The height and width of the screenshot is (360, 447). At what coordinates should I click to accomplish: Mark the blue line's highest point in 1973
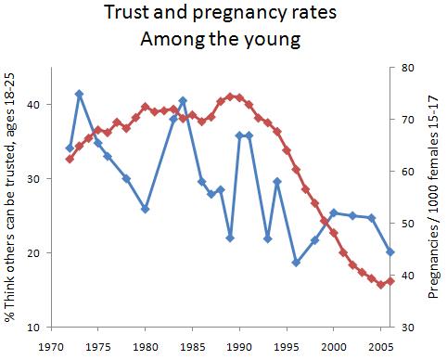click(x=79, y=94)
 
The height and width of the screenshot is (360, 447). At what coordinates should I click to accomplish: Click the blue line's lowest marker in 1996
click(x=296, y=263)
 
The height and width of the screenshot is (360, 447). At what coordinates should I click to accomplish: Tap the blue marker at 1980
click(x=145, y=210)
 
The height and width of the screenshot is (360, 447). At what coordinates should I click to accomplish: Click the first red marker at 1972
click(x=70, y=159)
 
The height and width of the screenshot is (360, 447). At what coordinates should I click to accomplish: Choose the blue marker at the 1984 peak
click(x=183, y=100)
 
